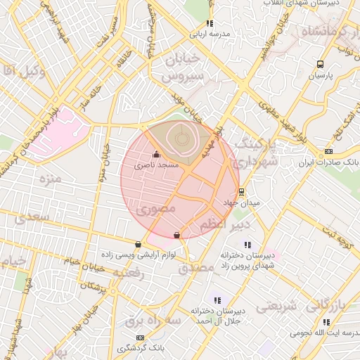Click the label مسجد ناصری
point(157,165)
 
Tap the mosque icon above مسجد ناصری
point(156,155)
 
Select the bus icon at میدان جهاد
point(242,191)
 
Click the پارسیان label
point(320,75)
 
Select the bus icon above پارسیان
point(321,63)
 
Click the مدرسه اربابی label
point(209,32)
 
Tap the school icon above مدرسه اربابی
point(210,22)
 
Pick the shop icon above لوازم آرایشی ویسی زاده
point(137,244)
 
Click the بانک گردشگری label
point(139,348)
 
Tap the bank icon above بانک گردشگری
point(139,337)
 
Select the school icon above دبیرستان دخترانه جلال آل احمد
point(217,299)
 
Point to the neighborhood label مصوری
point(157,209)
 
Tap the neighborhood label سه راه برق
point(143,321)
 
